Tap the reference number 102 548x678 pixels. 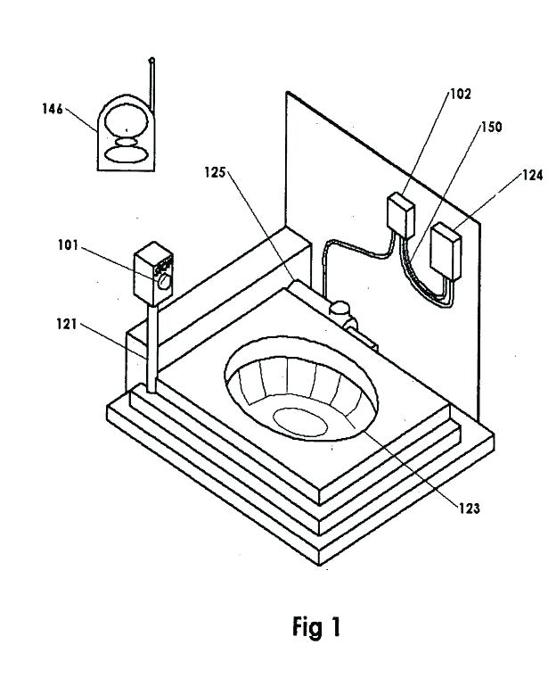pos(462,92)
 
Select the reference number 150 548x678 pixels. pos(491,127)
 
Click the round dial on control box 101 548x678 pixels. pos(164,281)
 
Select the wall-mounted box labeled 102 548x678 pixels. pos(399,217)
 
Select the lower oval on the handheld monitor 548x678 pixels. pos(127,153)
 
